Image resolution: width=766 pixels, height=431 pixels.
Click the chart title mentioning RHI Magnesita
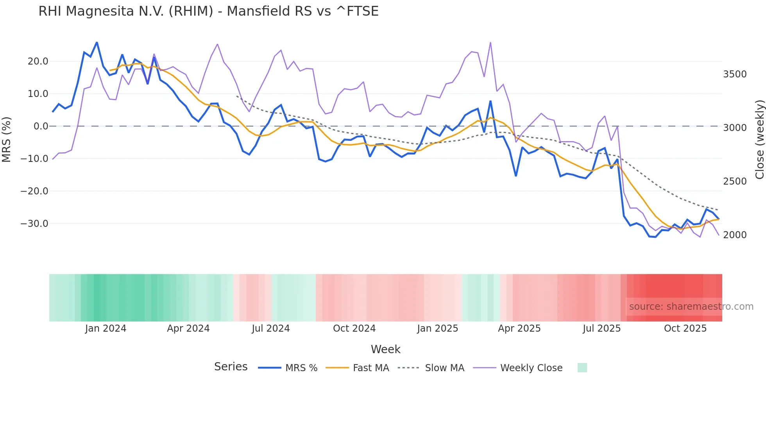[x=208, y=11]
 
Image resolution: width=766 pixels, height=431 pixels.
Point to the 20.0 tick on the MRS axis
[x=38, y=61]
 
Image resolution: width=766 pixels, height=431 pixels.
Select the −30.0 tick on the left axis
[x=34, y=224]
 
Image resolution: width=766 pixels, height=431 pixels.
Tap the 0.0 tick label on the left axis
[x=41, y=126]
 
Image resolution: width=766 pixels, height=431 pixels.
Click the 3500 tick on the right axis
[x=735, y=74]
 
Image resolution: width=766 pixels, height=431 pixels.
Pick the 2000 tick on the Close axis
[x=735, y=235]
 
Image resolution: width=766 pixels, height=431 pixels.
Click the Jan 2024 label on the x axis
[x=106, y=329]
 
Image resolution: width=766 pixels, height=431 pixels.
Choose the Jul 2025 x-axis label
[x=601, y=329]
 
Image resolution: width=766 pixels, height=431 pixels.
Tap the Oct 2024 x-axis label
[x=354, y=329]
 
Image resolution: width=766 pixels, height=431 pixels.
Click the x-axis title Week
[x=385, y=349]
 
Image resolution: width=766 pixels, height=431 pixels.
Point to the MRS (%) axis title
[x=7, y=139]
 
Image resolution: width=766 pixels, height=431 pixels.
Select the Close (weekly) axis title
[x=759, y=139]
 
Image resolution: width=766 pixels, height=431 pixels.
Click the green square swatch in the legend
[x=582, y=368]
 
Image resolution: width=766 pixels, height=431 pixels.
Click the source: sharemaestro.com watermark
[x=691, y=307]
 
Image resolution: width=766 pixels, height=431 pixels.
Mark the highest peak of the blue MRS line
[x=97, y=43]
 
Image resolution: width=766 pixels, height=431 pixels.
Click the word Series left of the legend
[x=231, y=367]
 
